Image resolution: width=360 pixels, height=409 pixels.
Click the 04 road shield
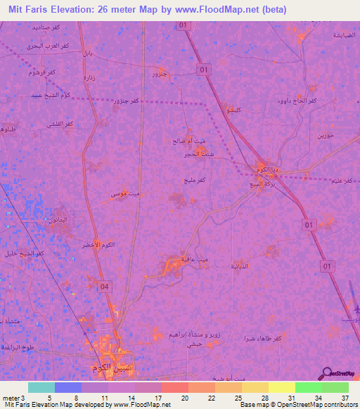(104, 286)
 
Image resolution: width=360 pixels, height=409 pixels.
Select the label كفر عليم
(342, 181)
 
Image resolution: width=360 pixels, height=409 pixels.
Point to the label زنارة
(89, 76)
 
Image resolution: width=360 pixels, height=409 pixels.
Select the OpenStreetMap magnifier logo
(327, 372)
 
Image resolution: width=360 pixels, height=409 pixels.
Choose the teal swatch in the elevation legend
(41, 387)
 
